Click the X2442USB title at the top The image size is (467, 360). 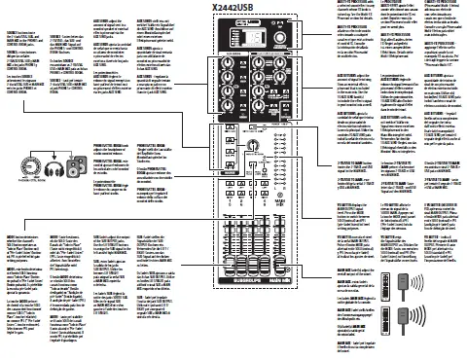[231, 8]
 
